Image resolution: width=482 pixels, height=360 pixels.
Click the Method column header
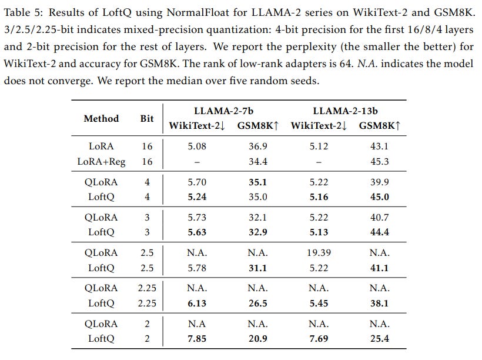click(x=101, y=118)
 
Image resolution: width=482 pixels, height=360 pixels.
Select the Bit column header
click(x=147, y=118)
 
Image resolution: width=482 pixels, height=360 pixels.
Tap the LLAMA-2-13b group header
click(x=345, y=111)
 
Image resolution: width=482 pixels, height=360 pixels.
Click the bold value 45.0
click(x=379, y=197)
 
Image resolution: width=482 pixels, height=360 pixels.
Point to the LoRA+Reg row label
click(x=101, y=161)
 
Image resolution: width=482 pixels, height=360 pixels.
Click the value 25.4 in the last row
click(x=379, y=338)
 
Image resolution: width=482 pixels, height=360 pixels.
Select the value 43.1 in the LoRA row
click(x=379, y=146)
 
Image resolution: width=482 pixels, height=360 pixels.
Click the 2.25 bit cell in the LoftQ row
click(x=147, y=303)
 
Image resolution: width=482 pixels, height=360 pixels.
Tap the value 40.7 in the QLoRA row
click(x=379, y=218)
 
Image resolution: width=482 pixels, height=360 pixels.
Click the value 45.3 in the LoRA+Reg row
click(x=379, y=161)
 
